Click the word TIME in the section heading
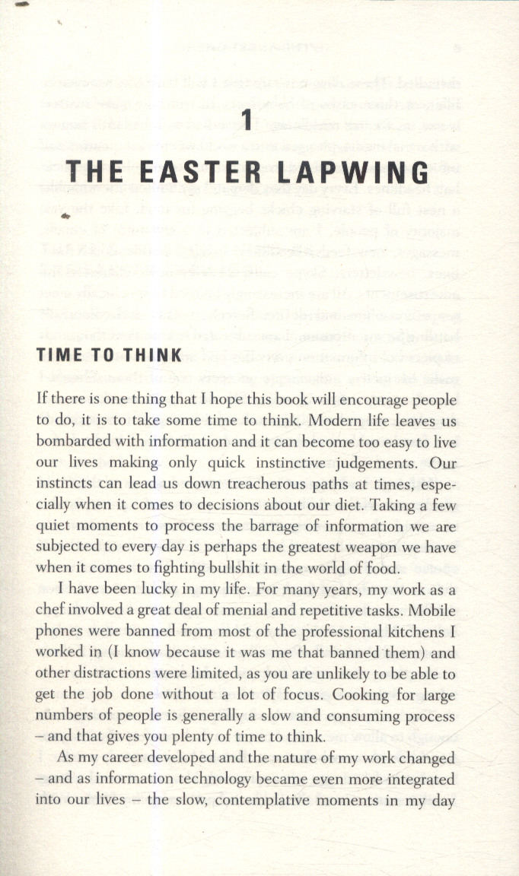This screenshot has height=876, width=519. [x=64, y=355]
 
